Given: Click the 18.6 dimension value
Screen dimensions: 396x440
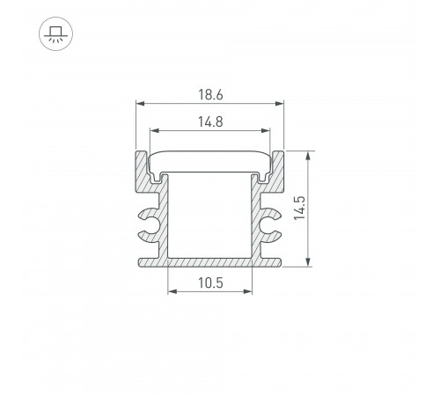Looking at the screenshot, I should point(209,92).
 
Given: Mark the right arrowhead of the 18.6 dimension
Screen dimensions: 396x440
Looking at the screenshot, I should point(282,104).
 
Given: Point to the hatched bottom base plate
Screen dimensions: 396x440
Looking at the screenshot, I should point(209,261).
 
